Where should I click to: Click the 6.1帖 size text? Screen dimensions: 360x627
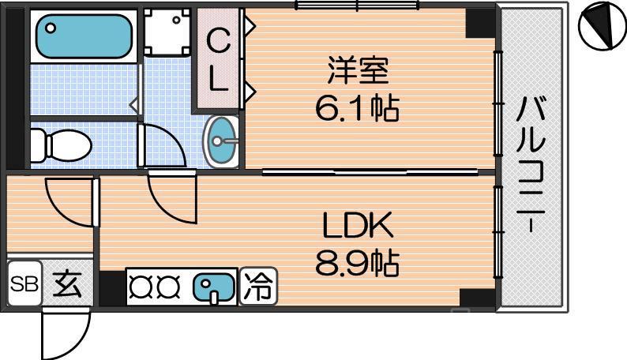(x=357, y=107)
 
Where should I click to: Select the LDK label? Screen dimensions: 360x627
(x=357, y=227)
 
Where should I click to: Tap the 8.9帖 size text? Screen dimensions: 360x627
(x=357, y=263)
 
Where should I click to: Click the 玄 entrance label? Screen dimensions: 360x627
(x=67, y=283)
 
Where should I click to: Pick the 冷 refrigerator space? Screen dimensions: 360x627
(x=258, y=285)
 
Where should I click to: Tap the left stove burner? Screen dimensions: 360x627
(x=143, y=286)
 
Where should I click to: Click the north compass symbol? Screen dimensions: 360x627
(x=600, y=27)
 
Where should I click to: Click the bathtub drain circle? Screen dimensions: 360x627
(x=51, y=28)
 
